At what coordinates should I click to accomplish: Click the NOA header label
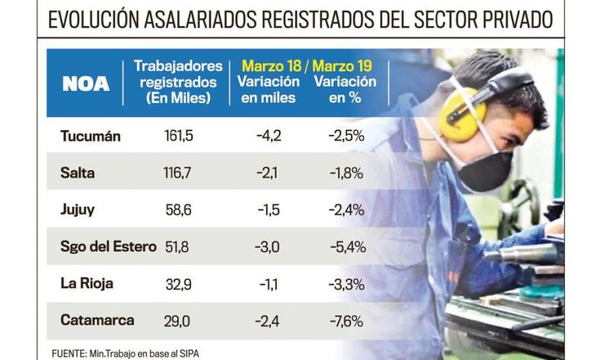[86, 83]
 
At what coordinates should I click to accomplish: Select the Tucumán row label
[91, 136]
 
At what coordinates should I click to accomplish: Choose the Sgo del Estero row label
[108, 247]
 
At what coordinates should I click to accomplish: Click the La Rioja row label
[87, 283]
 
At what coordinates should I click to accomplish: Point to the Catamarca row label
[97, 320]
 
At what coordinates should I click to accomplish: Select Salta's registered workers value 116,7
[177, 174]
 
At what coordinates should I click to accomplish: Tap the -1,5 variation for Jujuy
[263, 210]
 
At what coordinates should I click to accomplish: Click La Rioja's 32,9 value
[177, 283]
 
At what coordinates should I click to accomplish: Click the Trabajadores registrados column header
[178, 82]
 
